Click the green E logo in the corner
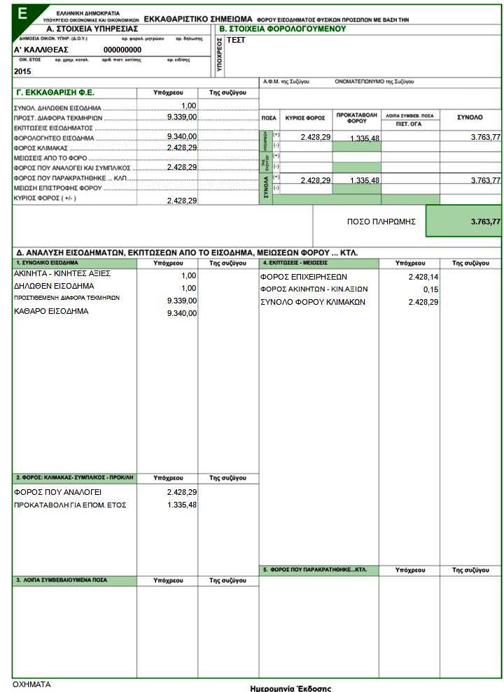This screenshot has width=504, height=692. click(x=24, y=12)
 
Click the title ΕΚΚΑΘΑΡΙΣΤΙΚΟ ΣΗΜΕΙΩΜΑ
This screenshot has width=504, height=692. click(x=198, y=19)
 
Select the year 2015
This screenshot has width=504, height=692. click(x=22, y=71)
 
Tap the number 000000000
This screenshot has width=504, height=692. click(x=122, y=50)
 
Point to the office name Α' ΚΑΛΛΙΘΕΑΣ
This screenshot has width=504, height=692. click(x=41, y=50)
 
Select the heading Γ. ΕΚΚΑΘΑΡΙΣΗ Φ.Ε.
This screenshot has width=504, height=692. click(x=55, y=92)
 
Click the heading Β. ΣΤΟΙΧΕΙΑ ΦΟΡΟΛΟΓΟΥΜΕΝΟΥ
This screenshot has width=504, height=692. click(x=283, y=29)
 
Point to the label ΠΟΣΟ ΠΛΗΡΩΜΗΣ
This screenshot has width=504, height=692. click(x=381, y=221)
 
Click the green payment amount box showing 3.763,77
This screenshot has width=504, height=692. click(x=463, y=222)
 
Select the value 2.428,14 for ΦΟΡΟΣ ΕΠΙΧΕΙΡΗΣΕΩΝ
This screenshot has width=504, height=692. click(x=423, y=277)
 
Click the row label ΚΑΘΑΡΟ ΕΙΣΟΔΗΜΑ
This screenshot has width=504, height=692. click(x=51, y=311)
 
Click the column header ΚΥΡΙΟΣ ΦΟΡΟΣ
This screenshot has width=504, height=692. click(x=305, y=118)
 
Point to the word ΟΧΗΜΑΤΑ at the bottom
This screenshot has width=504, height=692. click(x=32, y=684)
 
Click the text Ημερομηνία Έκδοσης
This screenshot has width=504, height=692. click(x=290, y=688)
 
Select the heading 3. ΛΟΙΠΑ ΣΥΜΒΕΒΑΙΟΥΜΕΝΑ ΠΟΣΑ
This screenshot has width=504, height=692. click(x=62, y=580)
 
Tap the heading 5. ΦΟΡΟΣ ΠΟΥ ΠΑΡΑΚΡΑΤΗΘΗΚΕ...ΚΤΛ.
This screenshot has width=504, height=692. click(x=315, y=570)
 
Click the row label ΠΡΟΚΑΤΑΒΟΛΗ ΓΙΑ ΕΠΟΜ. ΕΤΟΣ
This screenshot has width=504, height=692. click(x=70, y=505)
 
